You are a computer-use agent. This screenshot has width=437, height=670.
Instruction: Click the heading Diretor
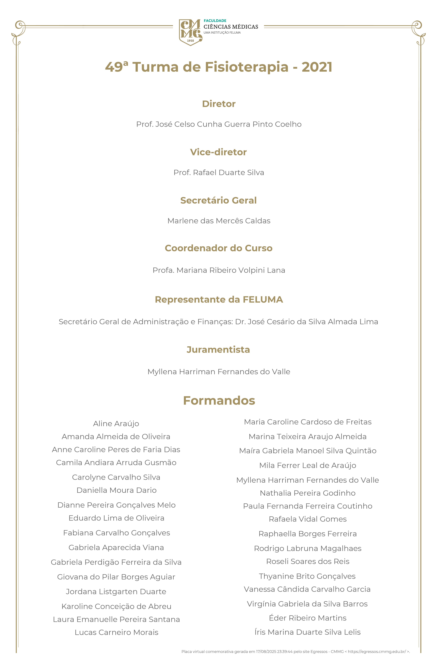click(219, 104)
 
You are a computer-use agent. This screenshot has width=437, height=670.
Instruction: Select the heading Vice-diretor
click(218, 152)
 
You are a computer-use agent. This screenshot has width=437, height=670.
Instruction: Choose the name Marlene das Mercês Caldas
click(219, 221)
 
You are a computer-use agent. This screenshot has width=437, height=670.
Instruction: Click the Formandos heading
click(219, 400)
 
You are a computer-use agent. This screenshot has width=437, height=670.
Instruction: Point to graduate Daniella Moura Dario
click(117, 490)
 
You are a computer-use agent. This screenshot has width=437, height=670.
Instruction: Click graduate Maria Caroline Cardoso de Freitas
click(308, 422)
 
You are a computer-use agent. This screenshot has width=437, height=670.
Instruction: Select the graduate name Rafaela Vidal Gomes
click(308, 519)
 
